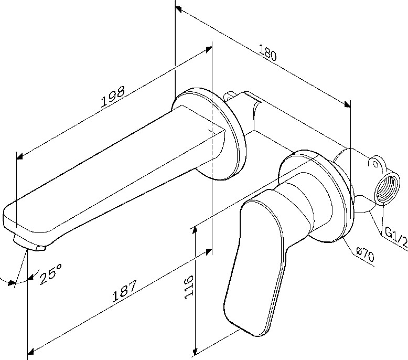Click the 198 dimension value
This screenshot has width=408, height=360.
112,97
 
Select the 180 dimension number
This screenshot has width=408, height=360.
268,53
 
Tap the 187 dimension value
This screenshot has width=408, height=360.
124,291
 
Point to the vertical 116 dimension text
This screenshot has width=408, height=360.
189,287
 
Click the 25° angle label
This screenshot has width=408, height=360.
51,274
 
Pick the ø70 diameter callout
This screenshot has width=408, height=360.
365,255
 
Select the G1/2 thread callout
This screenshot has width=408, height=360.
396,237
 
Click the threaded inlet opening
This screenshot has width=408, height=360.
388,188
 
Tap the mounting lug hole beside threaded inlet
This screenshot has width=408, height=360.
375,164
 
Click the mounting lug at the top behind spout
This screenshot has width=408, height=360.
229,96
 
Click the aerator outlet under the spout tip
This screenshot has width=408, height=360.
29,244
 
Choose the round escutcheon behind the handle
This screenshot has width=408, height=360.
317,196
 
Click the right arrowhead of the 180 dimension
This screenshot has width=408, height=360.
347,104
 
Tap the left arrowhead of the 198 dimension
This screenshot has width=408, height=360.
20,156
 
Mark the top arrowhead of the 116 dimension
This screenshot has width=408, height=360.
194,230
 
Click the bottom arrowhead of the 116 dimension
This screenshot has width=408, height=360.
194,352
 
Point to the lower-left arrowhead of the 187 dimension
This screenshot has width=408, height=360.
31,351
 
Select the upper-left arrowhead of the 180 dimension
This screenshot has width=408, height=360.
178,9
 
